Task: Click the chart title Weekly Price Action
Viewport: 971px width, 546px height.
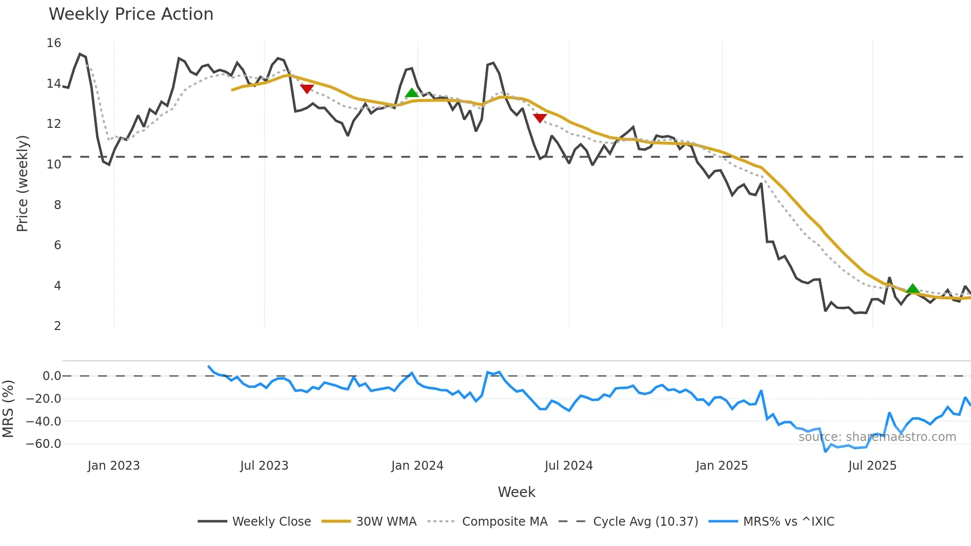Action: [131, 14]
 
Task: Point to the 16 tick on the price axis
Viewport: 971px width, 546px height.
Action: [54, 43]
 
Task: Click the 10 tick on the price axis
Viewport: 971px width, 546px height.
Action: [54, 164]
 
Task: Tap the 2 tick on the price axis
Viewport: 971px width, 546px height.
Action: [57, 326]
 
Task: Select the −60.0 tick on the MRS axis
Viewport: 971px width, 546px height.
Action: [44, 444]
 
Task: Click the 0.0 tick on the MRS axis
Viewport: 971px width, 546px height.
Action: [52, 376]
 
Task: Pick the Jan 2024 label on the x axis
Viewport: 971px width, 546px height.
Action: [417, 466]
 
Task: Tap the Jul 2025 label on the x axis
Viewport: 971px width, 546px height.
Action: [872, 466]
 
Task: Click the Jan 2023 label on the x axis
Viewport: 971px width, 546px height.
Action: [113, 466]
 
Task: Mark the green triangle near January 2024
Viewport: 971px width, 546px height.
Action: [412, 93]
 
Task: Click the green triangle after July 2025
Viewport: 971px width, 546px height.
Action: [913, 288]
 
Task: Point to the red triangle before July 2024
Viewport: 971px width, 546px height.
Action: [539, 118]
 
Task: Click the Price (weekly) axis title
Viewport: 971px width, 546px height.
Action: [23, 183]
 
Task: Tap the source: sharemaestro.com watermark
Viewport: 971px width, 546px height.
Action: [877, 437]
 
